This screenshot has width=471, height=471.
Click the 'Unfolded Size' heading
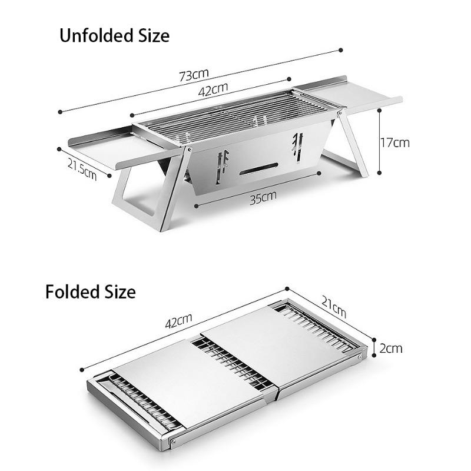[x=114, y=36]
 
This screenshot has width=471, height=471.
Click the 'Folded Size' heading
[x=91, y=291]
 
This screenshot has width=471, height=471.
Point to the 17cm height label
[x=394, y=142]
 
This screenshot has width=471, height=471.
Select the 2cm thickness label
[x=391, y=348]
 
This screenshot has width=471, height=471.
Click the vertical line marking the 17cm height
[x=380, y=142]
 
